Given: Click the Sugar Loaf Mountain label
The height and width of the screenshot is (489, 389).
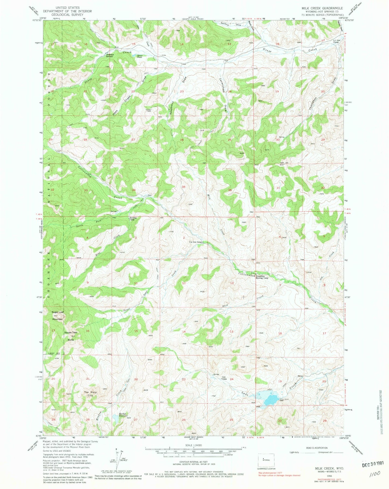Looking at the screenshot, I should [57, 315].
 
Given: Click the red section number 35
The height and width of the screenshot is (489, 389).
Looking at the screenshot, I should [184, 187].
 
